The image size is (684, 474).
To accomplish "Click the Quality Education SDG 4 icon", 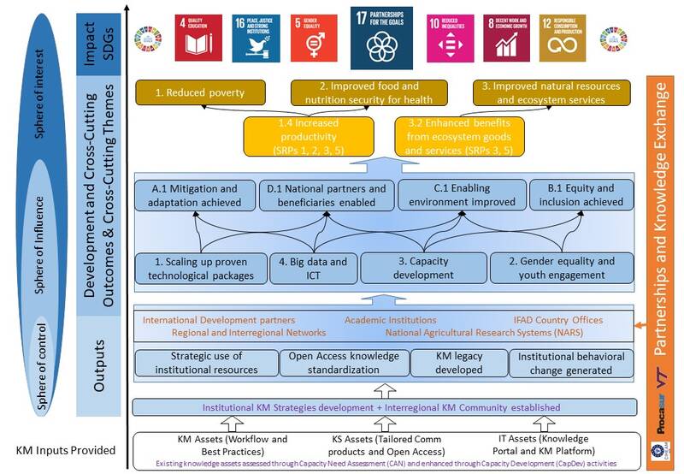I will coord(198,38).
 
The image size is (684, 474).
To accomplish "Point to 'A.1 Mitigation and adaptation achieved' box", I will coord(193,194).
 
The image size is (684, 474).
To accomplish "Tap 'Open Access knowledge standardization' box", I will coord(345,363).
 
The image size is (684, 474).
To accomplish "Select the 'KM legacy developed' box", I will coord(459,363).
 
